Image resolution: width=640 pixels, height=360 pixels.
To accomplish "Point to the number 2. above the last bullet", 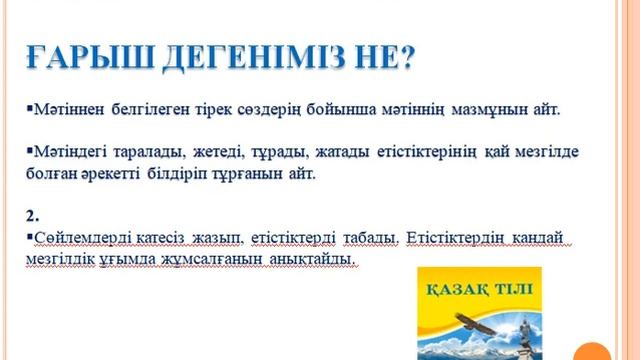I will tap(30, 215).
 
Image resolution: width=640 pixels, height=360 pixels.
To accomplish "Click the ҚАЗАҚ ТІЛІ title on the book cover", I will tap(478, 291).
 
